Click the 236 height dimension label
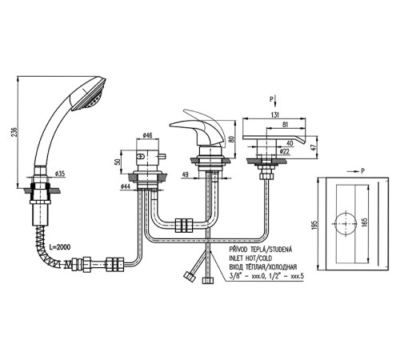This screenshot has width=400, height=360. tap(15, 133)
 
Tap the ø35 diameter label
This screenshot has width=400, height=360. tap(60, 174)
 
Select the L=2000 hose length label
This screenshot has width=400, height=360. tap(60, 247)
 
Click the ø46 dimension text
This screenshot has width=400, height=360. tap(147, 135)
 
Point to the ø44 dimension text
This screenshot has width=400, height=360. tap(125, 186)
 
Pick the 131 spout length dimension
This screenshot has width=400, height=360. tap(274, 114)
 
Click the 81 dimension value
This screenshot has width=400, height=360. tap(285, 124)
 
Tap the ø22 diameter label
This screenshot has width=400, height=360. tap(285, 151)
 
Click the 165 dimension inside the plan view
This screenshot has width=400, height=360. tap(365, 223)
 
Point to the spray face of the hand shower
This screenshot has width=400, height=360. tap(91, 97)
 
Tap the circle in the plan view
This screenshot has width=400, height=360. tap(346, 223)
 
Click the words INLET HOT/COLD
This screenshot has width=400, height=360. tap(250, 258)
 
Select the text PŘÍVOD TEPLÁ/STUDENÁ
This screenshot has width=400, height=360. tap(261, 250)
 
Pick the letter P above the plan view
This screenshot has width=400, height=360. tap(362, 171)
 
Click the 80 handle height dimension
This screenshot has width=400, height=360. tap(231, 139)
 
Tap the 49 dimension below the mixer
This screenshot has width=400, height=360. tap(185, 174)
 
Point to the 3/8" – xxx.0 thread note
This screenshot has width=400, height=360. tap(247, 276)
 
